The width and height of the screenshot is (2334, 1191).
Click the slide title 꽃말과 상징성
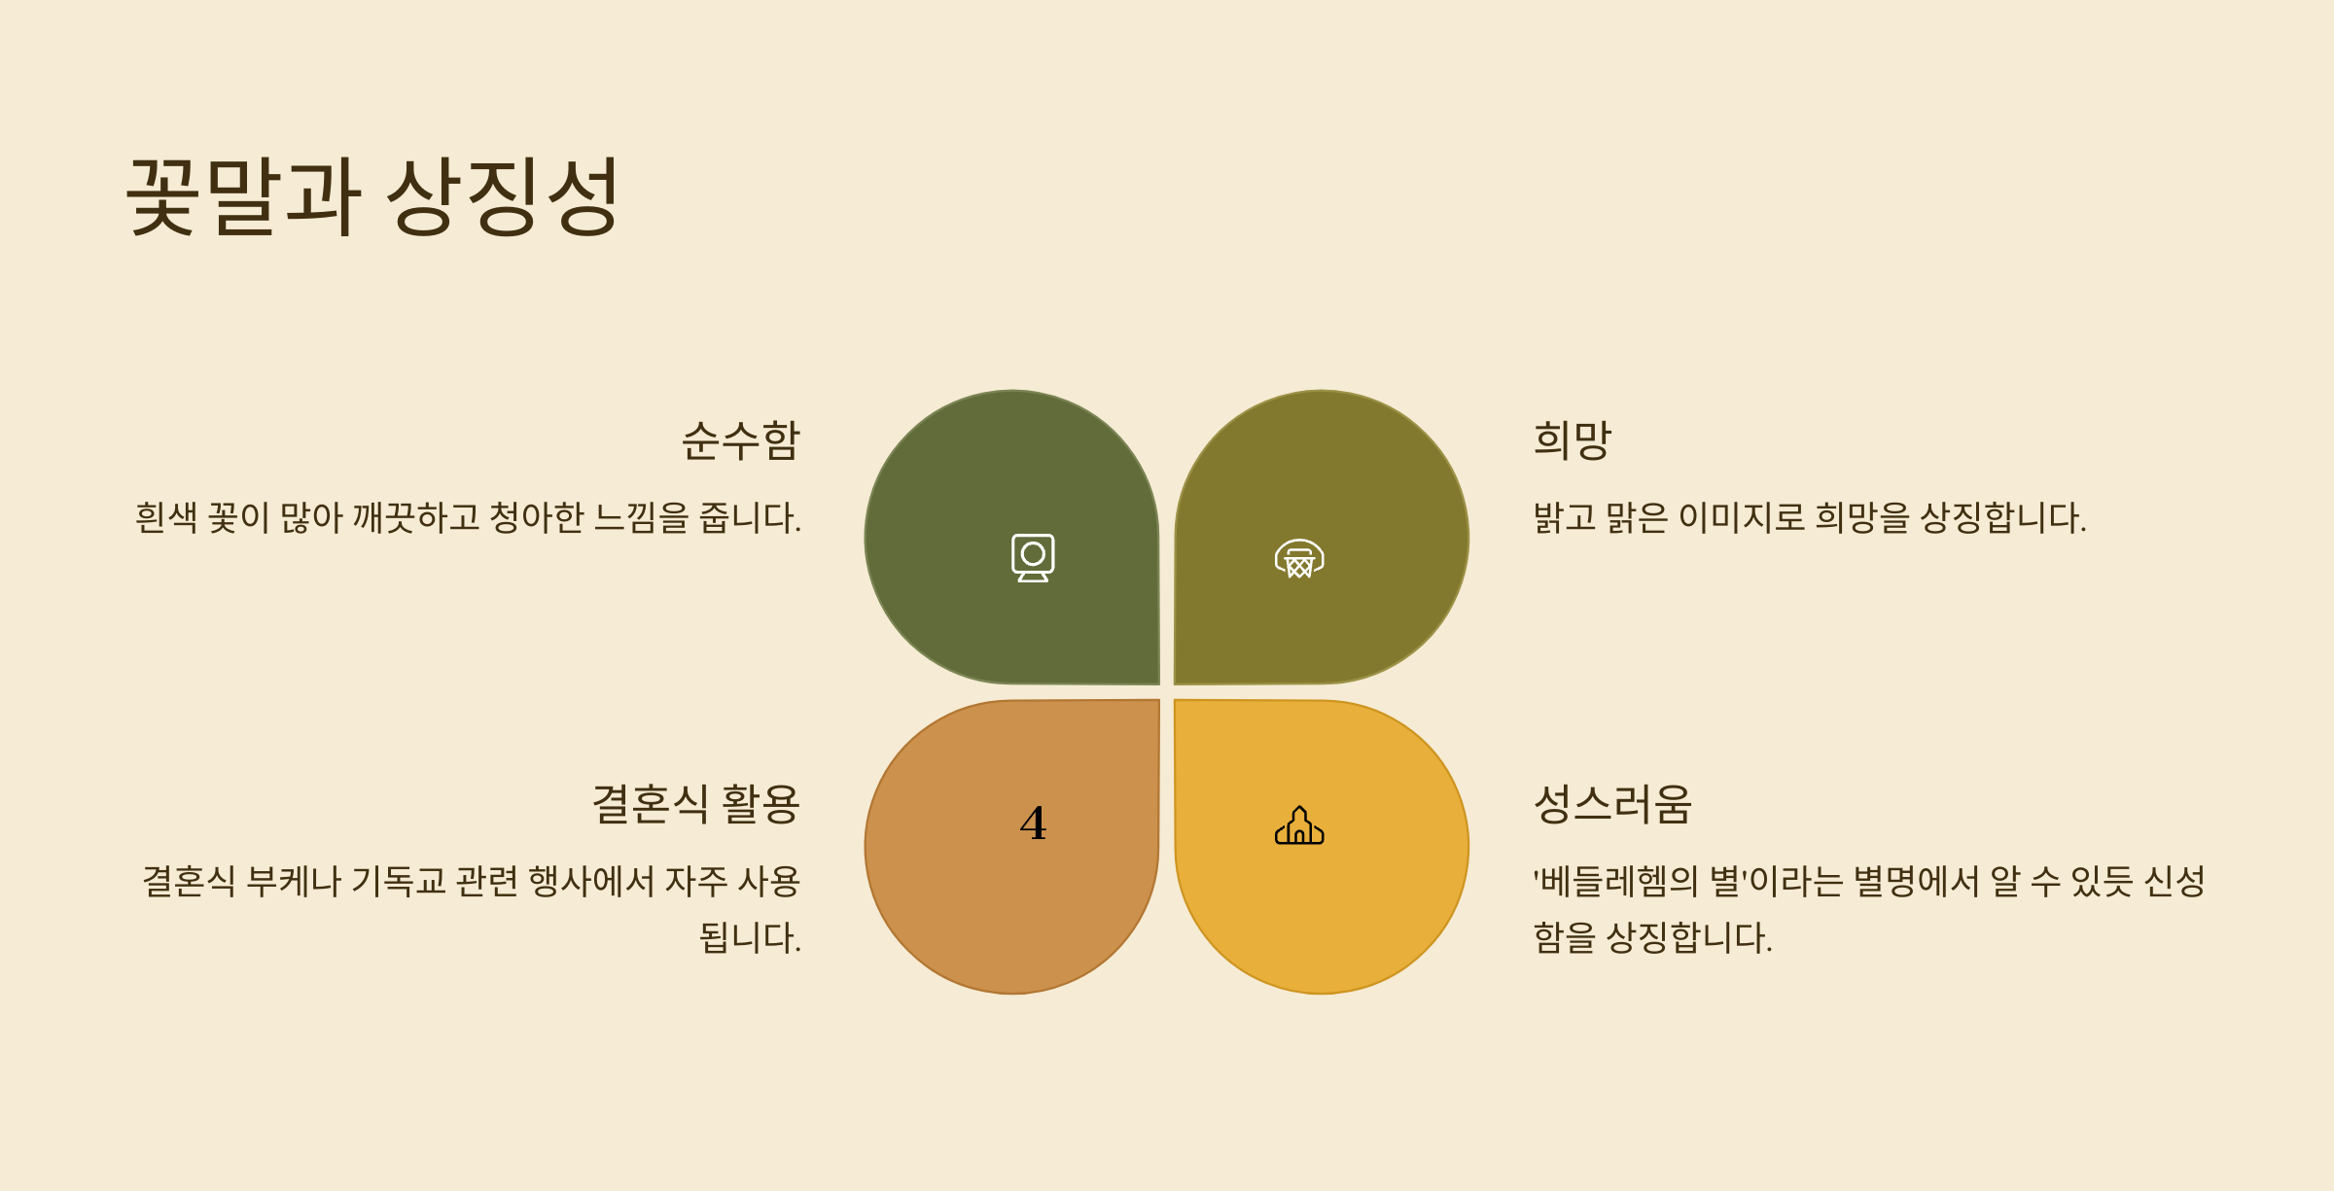point(372,196)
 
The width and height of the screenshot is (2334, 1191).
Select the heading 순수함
point(740,440)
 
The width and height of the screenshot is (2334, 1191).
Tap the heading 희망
point(1573,440)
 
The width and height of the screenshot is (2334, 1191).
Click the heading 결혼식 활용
point(695,805)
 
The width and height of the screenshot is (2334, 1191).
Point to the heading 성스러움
point(1612,805)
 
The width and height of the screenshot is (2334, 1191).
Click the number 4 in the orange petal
point(1033,823)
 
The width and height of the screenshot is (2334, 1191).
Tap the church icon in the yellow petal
point(1299,825)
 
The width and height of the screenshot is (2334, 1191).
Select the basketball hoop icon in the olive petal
point(1299,558)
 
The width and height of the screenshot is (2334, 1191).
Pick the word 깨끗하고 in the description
point(416,517)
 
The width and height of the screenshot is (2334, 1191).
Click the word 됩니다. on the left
point(750,938)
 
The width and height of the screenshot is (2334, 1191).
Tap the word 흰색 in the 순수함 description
point(166,517)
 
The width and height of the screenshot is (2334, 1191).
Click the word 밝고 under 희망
point(1565,517)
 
